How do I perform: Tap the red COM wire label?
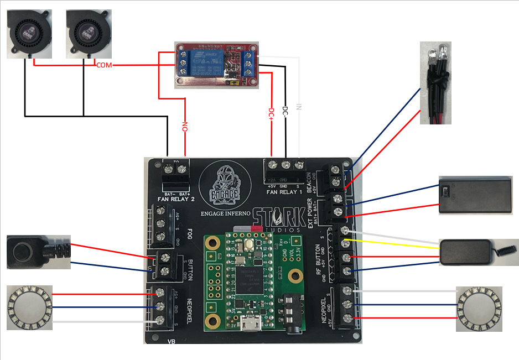click(105, 65)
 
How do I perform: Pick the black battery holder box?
click(475, 195)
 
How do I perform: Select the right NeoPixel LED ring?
click(479, 309)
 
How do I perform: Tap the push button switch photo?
click(36, 252)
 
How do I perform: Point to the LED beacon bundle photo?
click(437, 82)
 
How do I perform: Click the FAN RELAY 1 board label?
click(286, 191)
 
